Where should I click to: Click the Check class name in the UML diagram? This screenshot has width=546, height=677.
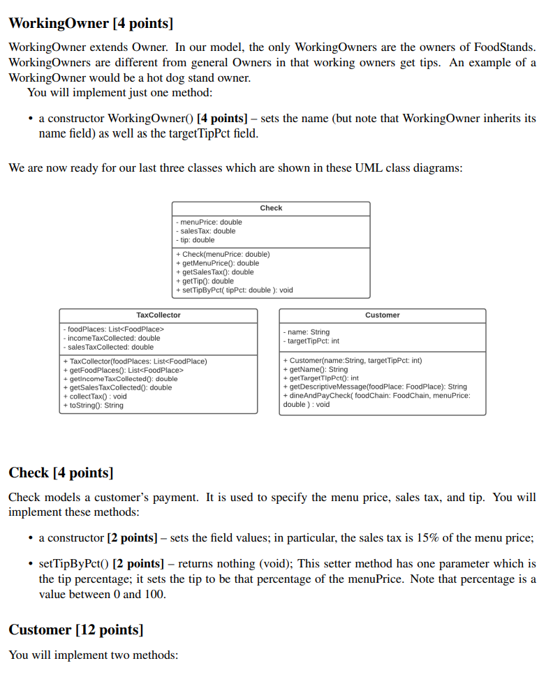tap(271, 208)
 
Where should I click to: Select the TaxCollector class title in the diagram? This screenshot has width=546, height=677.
tap(158, 315)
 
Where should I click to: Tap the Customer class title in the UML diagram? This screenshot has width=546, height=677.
tap(383, 315)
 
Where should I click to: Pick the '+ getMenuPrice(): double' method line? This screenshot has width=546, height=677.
tap(217, 263)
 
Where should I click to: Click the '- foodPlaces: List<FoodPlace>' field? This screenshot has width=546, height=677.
tap(113, 329)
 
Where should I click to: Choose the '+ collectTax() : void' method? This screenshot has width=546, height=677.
tap(95, 396)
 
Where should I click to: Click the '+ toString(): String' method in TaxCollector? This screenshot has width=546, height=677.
tap(93, 406)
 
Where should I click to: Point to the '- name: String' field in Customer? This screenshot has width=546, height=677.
tap(307, 332)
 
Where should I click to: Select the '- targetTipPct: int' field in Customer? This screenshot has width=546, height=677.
tap(311, 341)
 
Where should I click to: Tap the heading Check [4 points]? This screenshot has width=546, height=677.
tap(61, 473)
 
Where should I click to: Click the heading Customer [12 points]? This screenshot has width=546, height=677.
tap(76, 630)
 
